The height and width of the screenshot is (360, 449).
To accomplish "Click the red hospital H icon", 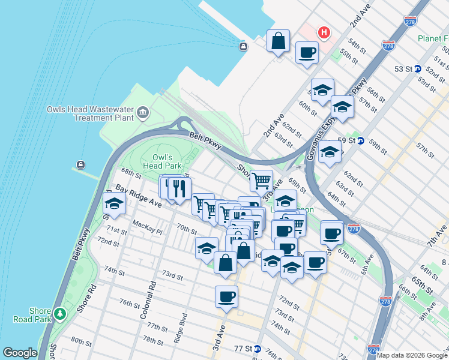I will pyautogui.click(x=324, y=32).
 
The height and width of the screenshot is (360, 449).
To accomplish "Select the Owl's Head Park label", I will pyautogui.click(x=162, y=161).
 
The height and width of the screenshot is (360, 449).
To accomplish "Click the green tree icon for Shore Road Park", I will pyautogui.click(x=59, y=314).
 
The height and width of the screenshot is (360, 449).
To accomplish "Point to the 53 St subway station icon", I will pyautogui.click(x=417, y=69).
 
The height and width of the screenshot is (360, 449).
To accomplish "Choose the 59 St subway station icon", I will pyautogui.click(x=361, y=141).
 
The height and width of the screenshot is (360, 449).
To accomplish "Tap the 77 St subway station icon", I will pyautogui.click(x=257, y=349).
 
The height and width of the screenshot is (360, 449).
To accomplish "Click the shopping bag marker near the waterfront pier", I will pyautogui.click(x=279, y=41).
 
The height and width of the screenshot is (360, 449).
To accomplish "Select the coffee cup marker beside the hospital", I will pyautogui.click(x=307, y=52).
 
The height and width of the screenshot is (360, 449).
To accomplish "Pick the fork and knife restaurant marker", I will pyautogui.click(x=179, y=189).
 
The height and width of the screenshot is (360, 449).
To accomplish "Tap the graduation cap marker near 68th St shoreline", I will pyautogui.click(x=115, y=203).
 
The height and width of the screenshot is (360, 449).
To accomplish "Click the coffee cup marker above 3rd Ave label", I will pyautogui.click(x=226, y=296).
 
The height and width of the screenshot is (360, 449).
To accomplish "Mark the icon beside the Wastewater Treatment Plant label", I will pyautogui.click(x=143, y=112).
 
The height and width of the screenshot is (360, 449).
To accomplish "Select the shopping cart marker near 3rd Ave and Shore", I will pyautogui.click(x=261, y=179).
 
